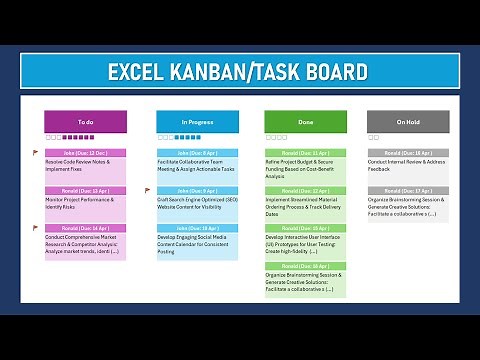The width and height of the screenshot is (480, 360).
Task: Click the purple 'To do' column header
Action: point(85,121)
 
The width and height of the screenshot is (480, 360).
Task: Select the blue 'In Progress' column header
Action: point(197,121)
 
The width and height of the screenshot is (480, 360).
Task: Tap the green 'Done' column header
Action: point(305,121)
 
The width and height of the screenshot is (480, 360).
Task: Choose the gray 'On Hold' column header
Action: point(407,121)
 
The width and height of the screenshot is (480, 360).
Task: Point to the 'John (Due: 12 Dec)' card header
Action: point(86,152)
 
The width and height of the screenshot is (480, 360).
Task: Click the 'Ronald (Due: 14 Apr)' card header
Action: point(86,228)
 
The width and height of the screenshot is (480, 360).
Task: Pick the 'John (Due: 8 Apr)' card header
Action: point(197,152)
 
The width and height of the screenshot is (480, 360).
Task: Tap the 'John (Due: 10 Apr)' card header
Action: point(197,228)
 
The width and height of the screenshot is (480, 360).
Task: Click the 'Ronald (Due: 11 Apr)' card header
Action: point(305,152)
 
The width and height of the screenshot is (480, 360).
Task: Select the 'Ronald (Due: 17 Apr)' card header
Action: point(407,190)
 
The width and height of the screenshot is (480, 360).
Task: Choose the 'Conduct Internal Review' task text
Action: point(405,165)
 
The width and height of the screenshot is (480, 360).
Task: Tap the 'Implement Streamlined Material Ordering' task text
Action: point(303,206)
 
